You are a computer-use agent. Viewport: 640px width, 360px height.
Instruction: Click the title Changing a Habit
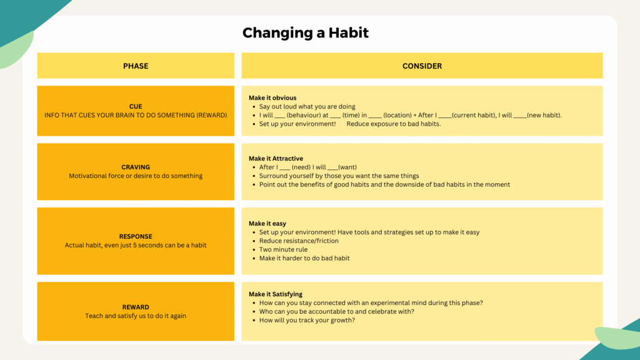[305, 32]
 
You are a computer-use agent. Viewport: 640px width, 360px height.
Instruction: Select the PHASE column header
[136, 66]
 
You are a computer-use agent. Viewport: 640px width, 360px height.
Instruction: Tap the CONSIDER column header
[422, 66]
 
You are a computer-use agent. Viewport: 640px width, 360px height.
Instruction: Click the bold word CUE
[136, 106]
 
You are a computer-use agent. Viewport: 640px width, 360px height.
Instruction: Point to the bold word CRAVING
[136, 167]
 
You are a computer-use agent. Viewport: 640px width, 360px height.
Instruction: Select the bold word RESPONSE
[136, 236]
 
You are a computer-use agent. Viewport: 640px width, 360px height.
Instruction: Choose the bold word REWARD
[136, 307]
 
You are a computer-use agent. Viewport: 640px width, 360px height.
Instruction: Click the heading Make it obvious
[272, 98]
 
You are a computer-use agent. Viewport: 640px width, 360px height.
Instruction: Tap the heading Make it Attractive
[276, 158]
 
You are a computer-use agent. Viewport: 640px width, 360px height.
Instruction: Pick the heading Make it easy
[267, 224]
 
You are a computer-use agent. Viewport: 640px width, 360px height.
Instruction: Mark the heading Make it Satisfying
[276, 294]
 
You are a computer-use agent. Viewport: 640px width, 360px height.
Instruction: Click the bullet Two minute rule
[283, 249]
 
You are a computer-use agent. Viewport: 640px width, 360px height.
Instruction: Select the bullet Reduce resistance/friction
[299, 241]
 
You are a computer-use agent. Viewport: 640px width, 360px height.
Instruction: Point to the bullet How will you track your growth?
[307, 321]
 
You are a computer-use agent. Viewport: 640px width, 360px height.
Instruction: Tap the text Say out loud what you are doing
[307, 106]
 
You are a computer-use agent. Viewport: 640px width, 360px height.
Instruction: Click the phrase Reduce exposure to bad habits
[394, 124]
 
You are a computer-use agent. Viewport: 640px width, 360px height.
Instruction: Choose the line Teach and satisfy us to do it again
[136, 316]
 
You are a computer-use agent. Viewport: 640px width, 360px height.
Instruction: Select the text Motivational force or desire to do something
[136, 176]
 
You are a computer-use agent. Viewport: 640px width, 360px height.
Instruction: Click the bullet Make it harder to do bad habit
[304, 258]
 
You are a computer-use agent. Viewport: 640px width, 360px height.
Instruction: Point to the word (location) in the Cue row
[397, 116]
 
